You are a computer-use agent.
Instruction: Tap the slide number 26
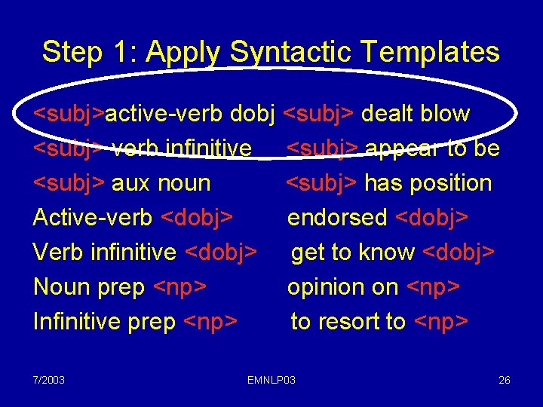[x=504, y=380]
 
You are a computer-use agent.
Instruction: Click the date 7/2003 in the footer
[x=48, y=380]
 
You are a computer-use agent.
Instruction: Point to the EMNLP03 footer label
[x=271, y=380]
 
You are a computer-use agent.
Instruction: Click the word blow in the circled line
[x=445, y=114]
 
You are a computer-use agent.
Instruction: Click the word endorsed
[x=338, y=218]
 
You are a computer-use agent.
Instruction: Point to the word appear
[x=400, y=149]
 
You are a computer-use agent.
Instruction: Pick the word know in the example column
[x=387, y=252]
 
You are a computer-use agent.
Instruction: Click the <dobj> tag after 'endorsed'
[x=431, y=218]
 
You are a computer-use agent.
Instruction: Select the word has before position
[x=381, y=183]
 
